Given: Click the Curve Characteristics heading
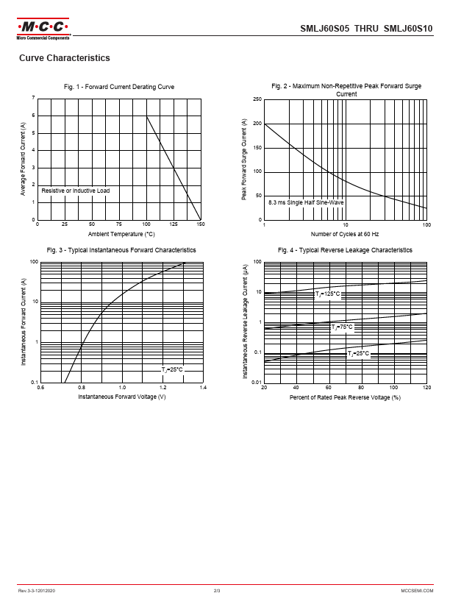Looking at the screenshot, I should click(65, 58).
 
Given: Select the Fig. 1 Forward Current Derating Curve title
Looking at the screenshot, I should click(119, 87).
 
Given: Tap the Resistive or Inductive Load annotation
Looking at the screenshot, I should click(76, 191).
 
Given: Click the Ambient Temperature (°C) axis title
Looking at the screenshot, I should click(121, 234).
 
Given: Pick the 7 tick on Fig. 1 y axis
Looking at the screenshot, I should click(33, 99).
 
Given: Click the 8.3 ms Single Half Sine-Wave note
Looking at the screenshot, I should click(306, 202).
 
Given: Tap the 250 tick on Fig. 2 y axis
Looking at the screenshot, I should click(257, 99).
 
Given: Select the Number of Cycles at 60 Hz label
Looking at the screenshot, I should click(345, 234).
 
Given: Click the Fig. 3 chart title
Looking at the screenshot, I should click(121, 250).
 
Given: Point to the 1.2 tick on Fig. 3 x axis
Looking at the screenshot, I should click(162, 388).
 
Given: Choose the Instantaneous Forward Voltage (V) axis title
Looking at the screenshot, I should click(121, 397).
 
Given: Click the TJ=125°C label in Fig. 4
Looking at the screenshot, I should click(327, 294).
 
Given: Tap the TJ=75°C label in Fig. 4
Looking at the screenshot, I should click(341, 327).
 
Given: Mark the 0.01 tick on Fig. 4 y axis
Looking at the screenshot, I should click(256, 383).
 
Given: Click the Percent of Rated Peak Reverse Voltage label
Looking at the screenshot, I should click(345, 397).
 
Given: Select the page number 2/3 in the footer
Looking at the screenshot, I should click(218, 591).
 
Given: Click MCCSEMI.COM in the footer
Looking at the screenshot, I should click(417, 591).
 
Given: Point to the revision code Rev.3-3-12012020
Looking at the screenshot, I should click(37, 591).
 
